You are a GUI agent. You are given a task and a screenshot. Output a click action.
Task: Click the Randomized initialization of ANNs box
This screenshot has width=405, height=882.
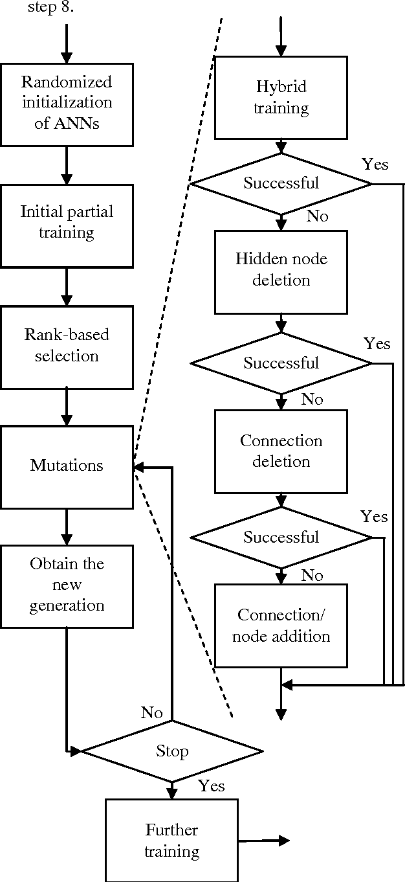67,104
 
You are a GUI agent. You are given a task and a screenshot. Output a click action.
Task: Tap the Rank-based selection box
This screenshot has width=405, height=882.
67,346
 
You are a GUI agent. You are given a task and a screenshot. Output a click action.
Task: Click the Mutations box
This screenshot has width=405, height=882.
67,466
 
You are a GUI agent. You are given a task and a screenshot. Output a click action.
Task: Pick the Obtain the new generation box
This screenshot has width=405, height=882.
67,586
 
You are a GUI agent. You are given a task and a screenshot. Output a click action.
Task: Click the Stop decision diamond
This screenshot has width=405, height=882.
172,751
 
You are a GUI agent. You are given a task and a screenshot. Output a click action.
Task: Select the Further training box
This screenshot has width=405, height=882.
171,841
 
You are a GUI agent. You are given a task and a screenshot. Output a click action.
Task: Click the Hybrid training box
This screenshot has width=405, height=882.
281,98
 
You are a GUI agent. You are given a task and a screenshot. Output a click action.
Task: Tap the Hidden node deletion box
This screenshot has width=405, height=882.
281,270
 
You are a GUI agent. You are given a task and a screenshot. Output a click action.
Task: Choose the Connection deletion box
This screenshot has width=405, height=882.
281,451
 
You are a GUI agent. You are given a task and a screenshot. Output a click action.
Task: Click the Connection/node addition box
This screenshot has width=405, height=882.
281,626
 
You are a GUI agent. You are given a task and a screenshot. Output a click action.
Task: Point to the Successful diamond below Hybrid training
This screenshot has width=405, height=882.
281,183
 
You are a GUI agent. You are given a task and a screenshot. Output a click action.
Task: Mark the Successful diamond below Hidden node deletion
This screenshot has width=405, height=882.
281,363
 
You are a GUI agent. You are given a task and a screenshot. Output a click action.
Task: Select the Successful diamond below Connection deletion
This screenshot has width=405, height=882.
281,537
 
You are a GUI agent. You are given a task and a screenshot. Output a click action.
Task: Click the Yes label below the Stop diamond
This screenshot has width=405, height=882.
212,786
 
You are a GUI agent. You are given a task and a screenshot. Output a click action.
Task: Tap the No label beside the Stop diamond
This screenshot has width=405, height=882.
151,713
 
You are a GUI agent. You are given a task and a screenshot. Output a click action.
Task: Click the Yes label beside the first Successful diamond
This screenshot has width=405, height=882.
375,164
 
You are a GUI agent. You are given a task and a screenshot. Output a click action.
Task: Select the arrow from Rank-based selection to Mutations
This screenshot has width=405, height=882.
67,407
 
